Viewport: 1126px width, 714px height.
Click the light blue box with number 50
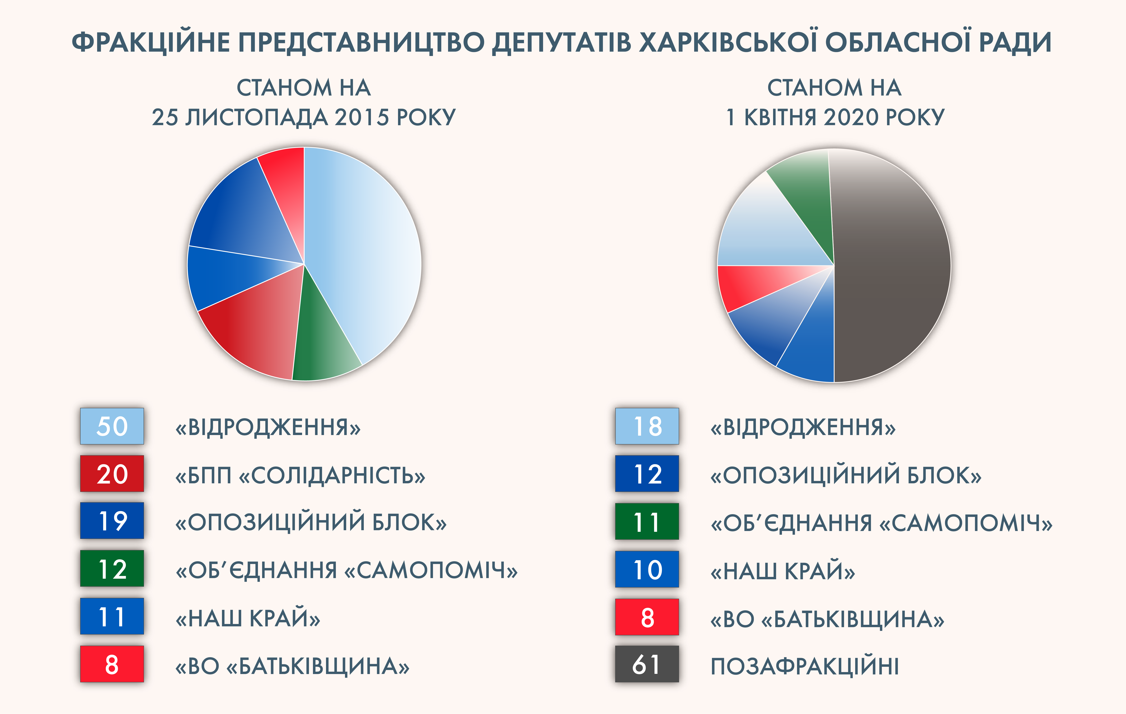(112, 426)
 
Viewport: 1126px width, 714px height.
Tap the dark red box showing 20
(112, 474)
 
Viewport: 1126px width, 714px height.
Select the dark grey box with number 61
(647, 664)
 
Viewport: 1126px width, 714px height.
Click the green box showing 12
(112, 569)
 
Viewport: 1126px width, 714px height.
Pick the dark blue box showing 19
(112, 521)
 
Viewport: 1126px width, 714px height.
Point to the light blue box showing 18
(647, 426)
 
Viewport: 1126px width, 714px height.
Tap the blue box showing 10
(647, 569)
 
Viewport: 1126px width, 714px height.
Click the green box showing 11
(647, 521)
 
